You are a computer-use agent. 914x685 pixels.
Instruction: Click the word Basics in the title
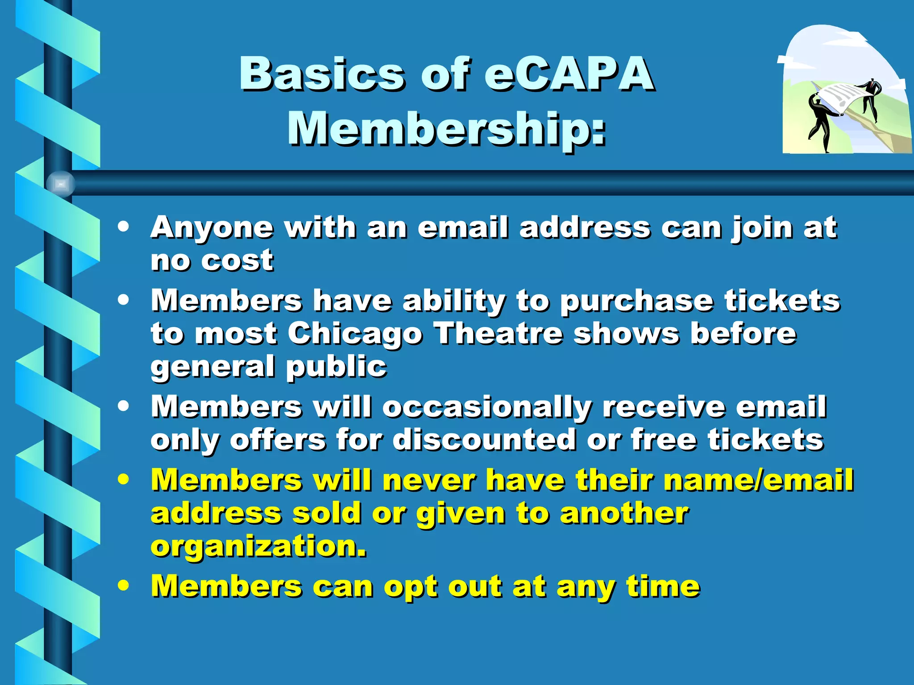pyautogui.click(x=321, y=74)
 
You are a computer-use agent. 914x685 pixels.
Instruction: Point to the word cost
pyautogui.click(x=237, y=260)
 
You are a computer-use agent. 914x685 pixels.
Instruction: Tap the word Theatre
pyautogui.click(x=499, y=334)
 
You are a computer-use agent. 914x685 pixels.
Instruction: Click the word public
pyautogui.click(x=336, y=367)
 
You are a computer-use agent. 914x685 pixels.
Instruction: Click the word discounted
pyautogui.click(x=484, y=440)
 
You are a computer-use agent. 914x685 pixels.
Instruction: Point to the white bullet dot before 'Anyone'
pyautogui.click(x=124, y=226)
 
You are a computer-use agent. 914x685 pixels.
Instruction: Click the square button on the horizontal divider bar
pyautogui.click(x=61, y=184)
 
